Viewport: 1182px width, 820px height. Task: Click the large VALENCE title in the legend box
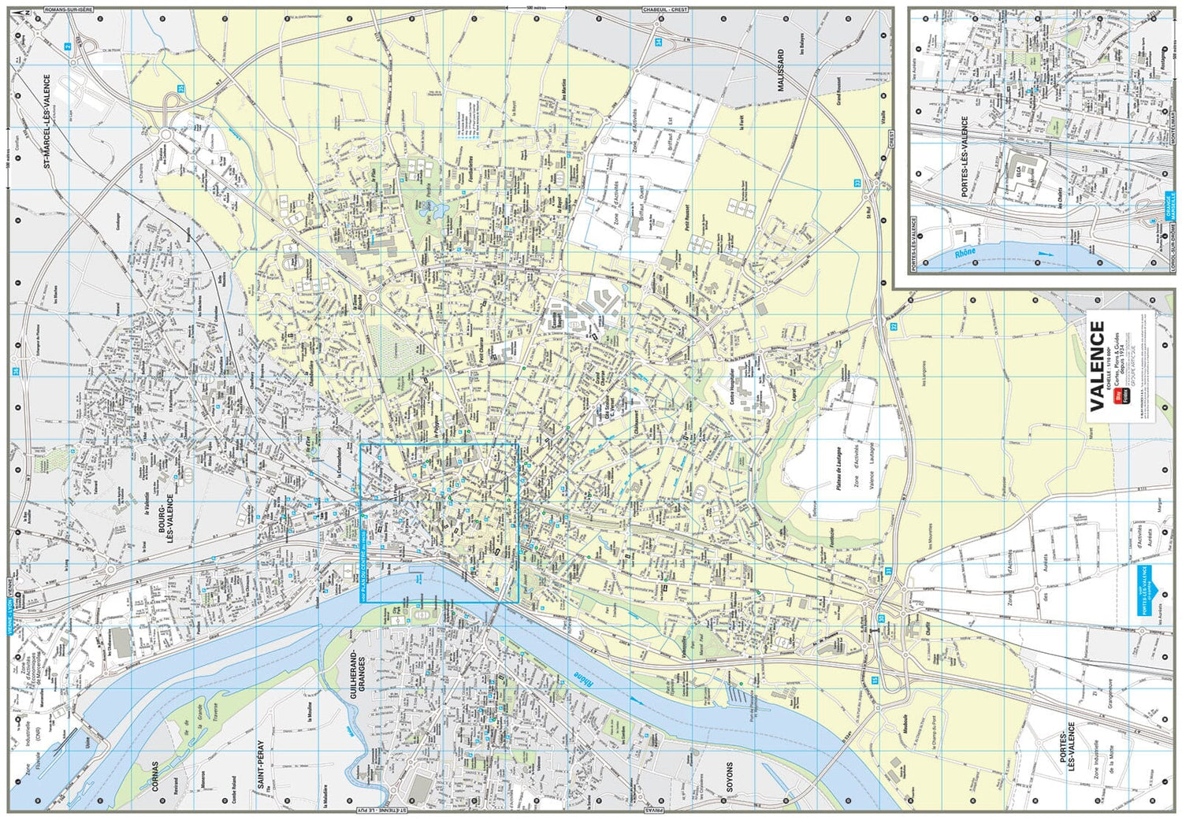1097,365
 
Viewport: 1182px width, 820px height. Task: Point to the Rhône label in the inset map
965,252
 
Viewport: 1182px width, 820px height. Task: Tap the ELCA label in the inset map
1019,171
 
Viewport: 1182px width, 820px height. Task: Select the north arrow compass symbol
24,13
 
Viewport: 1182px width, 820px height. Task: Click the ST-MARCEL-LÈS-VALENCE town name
46,122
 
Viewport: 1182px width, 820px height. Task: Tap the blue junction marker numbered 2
68,46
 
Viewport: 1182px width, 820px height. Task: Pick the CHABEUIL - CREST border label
665,9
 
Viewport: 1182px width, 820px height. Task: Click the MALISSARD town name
782,71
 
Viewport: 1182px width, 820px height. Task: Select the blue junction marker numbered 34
658,42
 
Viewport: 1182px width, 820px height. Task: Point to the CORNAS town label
155,776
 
